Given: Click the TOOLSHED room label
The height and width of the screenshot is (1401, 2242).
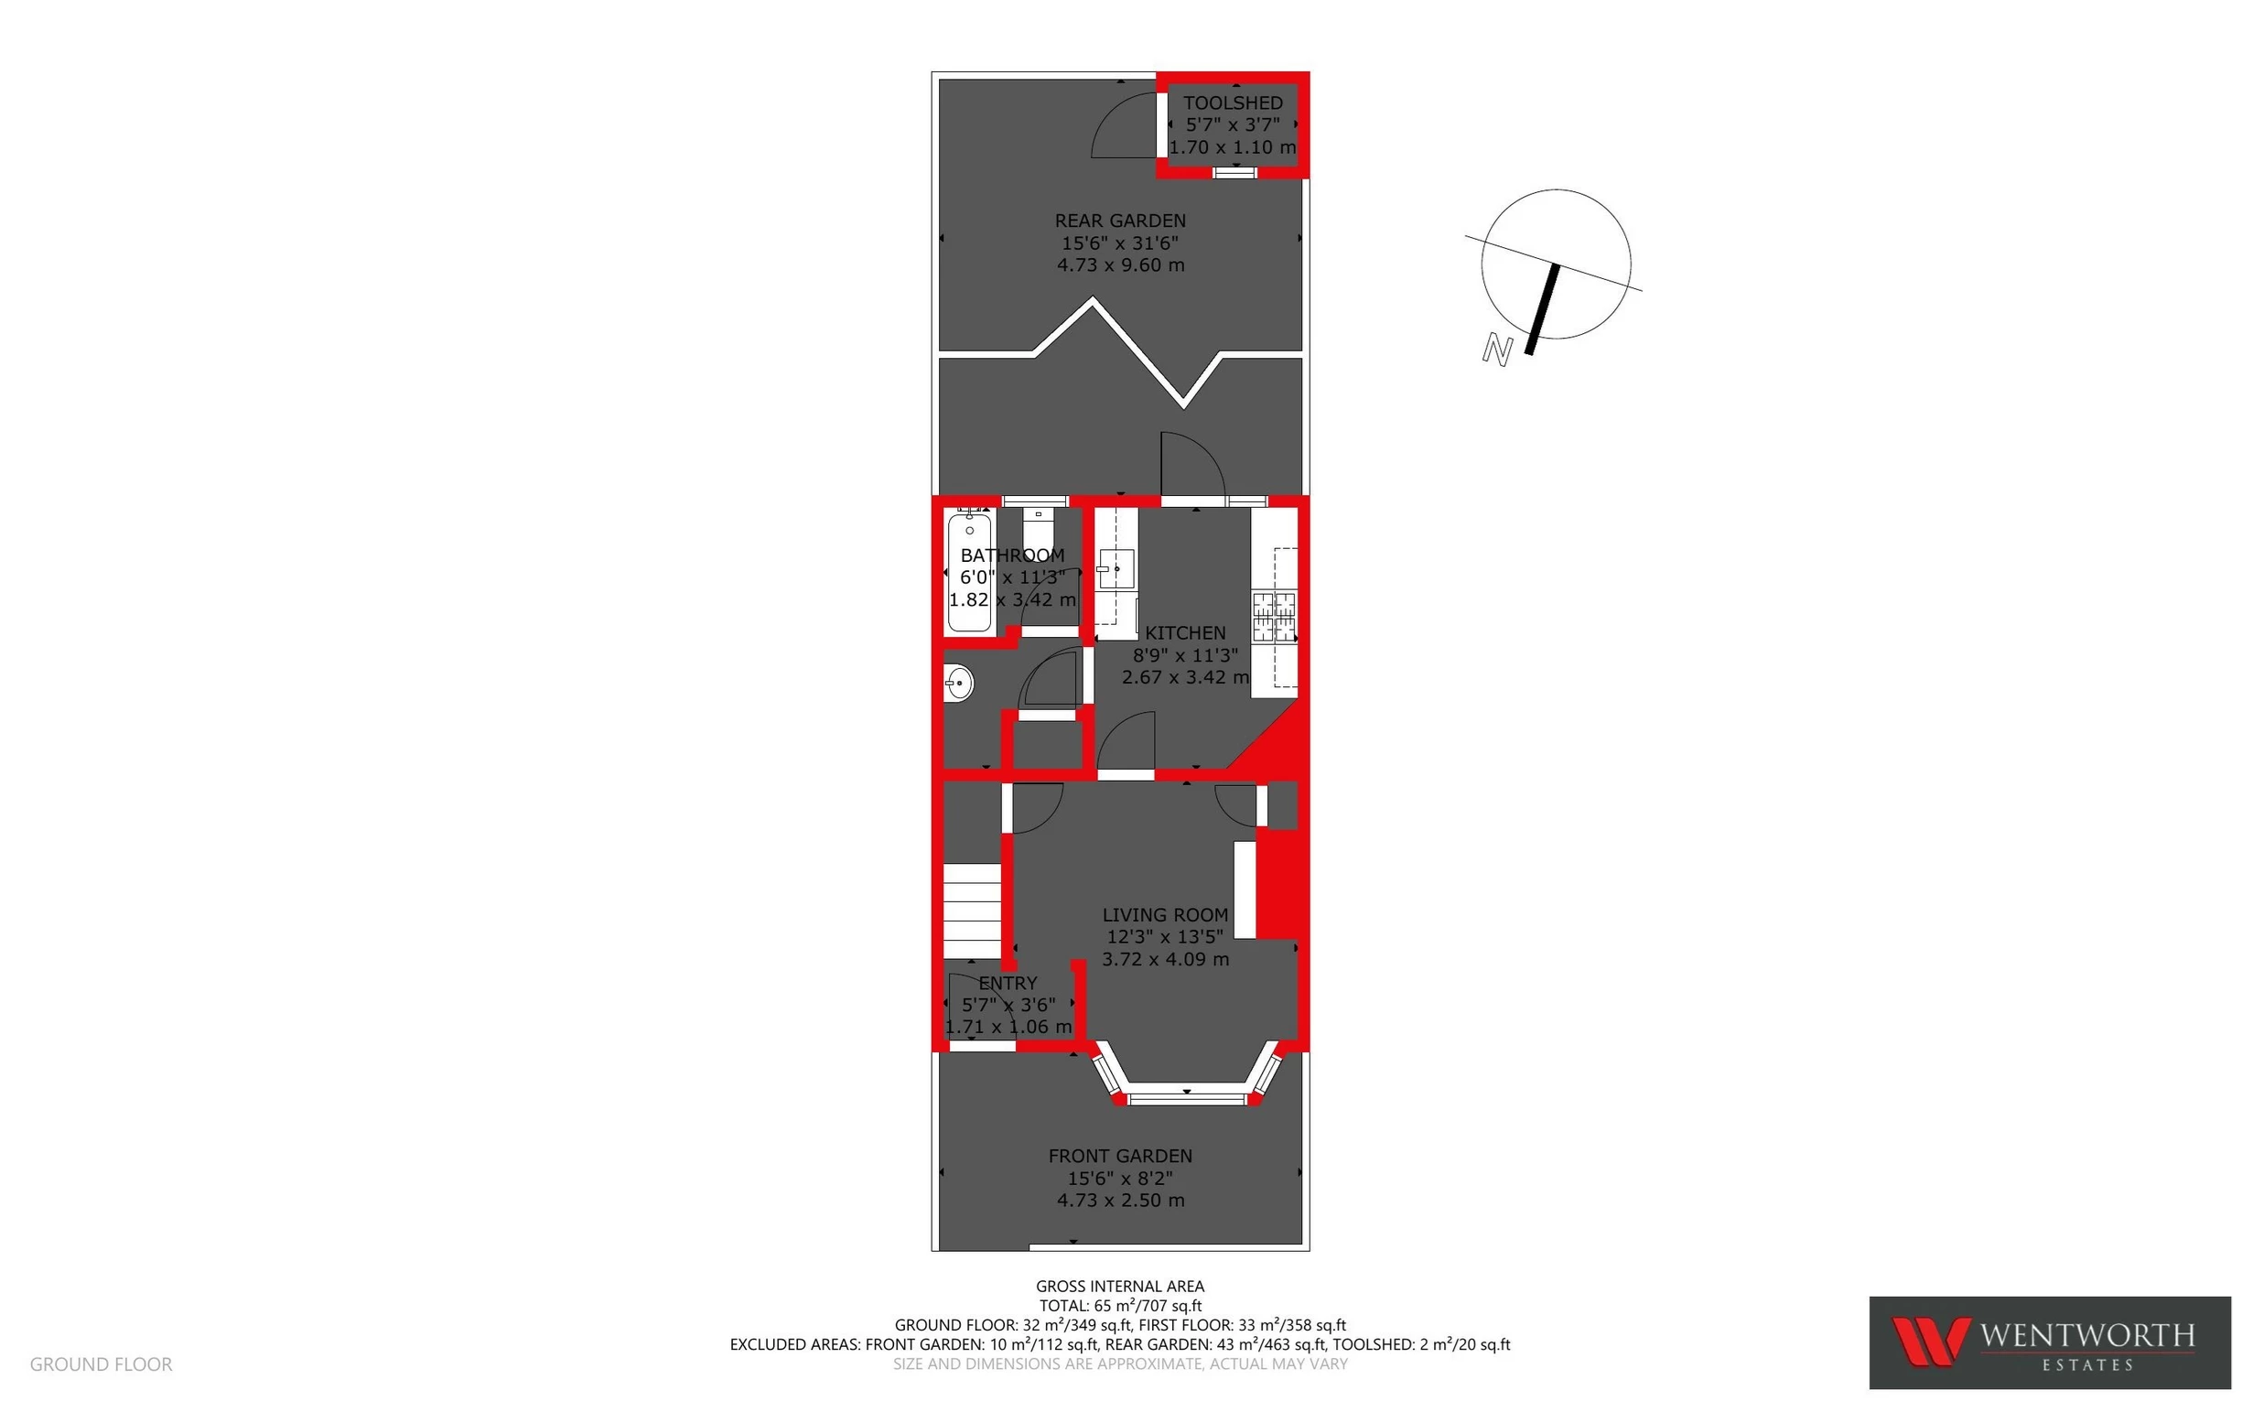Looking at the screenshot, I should pyautogui.click(x=1232, y=102).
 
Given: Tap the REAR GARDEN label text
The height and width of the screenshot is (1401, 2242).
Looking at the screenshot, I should pyautogui.click(x=1120, y=221).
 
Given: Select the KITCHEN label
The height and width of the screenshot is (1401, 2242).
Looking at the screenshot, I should pyautogui.click(x=1185, y=633).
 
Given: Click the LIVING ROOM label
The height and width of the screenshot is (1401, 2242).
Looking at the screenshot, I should pyautogui.click(x=1165, y=914).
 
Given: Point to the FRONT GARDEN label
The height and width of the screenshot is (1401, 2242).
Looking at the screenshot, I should pyautogui.click(x=1120, y=1156).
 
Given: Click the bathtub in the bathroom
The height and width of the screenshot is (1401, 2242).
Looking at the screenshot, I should pyautogui.click(x=969, y=573).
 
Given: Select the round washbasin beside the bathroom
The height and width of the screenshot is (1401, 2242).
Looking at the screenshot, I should pyautogui.click(x=959, y=684).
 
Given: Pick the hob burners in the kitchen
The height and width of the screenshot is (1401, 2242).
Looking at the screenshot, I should pyautogui.click(x=1274, y=617).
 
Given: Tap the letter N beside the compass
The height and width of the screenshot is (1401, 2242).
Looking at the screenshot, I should pyautogui.click(x=1497, y=350).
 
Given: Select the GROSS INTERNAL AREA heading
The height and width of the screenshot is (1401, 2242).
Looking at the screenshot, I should pyautogui.click(x=1120, y=1286).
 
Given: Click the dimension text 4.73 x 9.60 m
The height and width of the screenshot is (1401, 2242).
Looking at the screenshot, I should pyautogui.click(x=1120, y=265).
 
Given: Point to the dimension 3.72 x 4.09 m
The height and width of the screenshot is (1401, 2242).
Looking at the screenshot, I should pyautogui.click(x=1165, y=959).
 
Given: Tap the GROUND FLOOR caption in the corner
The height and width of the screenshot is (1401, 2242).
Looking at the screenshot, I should pyautogui.click(x=101, y=1363).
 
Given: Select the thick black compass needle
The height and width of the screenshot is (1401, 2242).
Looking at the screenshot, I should pyautogui.click(x=1543, y=309).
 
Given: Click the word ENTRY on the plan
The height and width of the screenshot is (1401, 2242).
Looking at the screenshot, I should pyautogui.click(x=1008, y=983).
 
